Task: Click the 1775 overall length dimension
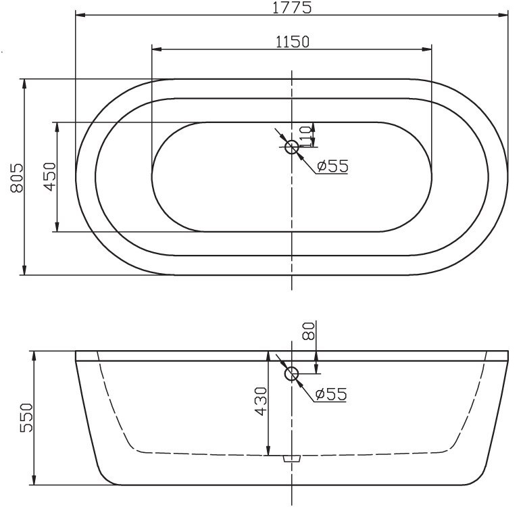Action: point(292,7)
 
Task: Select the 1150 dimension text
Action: point(293,42)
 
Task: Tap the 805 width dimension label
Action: point(18,178)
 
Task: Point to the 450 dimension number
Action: point(50,176)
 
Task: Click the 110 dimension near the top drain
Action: point(306,137)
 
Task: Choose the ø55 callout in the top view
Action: point(332,166)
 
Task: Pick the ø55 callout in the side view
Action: point(331,394)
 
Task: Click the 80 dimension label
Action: point(309,331)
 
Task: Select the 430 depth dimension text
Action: point(261,402)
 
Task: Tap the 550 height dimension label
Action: point(26,418)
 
